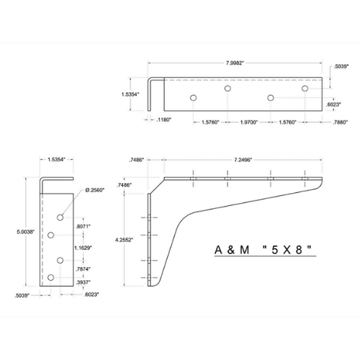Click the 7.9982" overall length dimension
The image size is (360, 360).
click(x=235, y=63)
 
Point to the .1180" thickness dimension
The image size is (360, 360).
click(x=163, y=120)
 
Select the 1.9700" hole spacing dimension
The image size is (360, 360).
click(x=249, y=122)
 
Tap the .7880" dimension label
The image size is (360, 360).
click(x=340, y=122)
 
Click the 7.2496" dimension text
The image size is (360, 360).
click(x=243, y=160)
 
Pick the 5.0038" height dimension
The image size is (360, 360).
click(x=26, y=232)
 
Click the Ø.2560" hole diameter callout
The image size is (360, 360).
click(x=95, y=190)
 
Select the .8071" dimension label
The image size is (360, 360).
click(x=83, y=226)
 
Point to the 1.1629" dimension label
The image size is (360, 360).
click(x=83, y=248)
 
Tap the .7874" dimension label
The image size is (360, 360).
click(x=83, y=269)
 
